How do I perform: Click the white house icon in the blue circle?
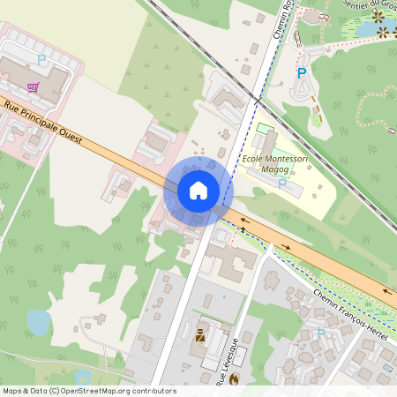click(x=198, y=191)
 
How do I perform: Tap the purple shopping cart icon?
click(x=34, y=87)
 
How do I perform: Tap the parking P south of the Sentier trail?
click(x=302, y=74)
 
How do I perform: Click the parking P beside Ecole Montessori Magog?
click(x=282, y=184)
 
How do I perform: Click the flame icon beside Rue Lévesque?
click(x=234, y=379)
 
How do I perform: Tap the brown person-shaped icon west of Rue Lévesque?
click(x=200, y=335)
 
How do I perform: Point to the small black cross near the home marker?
click(x=243, y=229)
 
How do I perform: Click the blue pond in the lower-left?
click(x=39, y=323)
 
